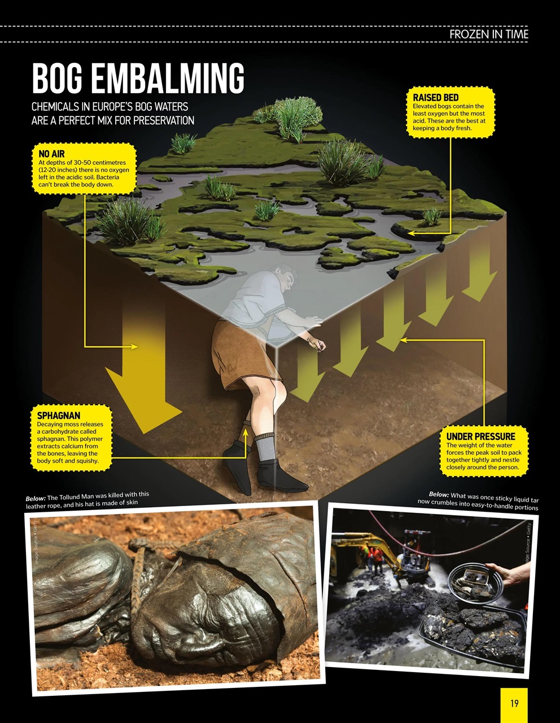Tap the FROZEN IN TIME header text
(x=489, y=34)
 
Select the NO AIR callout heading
(x=51, y=154)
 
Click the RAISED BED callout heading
(x=436, y=98)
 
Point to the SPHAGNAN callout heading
(x=58, y=415)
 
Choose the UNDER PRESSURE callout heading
(x=480, y=436)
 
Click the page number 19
(x=514, y=703)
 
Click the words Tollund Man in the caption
(x=81, y=496)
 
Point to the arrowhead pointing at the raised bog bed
(x=412, y=233)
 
